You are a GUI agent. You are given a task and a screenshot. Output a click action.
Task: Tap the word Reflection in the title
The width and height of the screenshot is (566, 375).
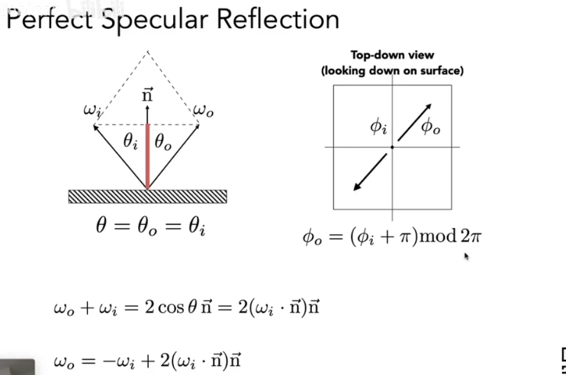275,18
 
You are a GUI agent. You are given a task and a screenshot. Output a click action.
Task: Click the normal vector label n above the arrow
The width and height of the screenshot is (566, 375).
148,95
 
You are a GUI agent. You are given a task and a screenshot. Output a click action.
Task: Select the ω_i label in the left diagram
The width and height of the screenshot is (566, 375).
92,111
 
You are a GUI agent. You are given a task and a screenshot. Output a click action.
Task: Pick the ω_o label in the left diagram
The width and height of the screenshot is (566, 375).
204,111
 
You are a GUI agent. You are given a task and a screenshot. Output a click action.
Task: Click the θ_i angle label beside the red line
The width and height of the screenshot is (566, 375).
131,141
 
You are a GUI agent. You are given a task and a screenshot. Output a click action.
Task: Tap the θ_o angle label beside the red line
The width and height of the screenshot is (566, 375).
163,141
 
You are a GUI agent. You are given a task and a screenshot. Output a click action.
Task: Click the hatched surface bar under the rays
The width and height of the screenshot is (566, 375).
147,196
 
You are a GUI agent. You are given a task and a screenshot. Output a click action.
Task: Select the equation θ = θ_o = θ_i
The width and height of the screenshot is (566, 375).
147,226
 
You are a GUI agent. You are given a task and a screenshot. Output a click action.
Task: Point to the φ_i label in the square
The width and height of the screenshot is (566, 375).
379,127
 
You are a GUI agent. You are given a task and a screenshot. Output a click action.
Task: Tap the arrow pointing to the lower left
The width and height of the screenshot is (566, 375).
370,172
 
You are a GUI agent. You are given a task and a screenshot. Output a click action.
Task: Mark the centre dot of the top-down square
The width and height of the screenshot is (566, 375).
392,147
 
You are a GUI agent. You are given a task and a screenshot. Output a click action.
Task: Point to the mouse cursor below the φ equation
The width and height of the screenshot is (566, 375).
466,258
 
